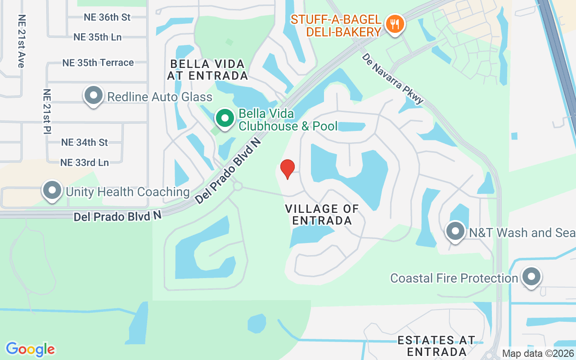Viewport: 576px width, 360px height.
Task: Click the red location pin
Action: tap(288, 169)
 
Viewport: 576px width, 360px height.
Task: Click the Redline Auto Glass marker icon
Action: tap(94, 95)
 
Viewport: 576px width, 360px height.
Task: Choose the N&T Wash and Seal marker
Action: tap(455, 231)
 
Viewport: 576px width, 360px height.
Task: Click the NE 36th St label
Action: tap(107, 17)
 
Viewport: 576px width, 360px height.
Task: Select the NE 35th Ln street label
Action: tap(98, 37)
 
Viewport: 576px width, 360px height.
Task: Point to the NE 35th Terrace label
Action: tap(98, 63)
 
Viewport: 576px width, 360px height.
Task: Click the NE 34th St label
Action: tap(85, 142)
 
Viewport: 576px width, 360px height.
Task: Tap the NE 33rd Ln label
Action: tap(85, 162)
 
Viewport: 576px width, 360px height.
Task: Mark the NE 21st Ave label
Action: tap(21, 41)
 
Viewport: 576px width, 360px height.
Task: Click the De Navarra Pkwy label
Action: tap(392, 77)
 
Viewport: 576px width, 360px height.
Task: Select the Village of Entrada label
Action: tap(322, 215)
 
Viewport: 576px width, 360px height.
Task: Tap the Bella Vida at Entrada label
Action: tap(207, 70)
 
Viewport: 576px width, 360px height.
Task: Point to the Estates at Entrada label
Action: tap(436, 346)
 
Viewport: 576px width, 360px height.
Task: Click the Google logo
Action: tap(30, 349)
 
